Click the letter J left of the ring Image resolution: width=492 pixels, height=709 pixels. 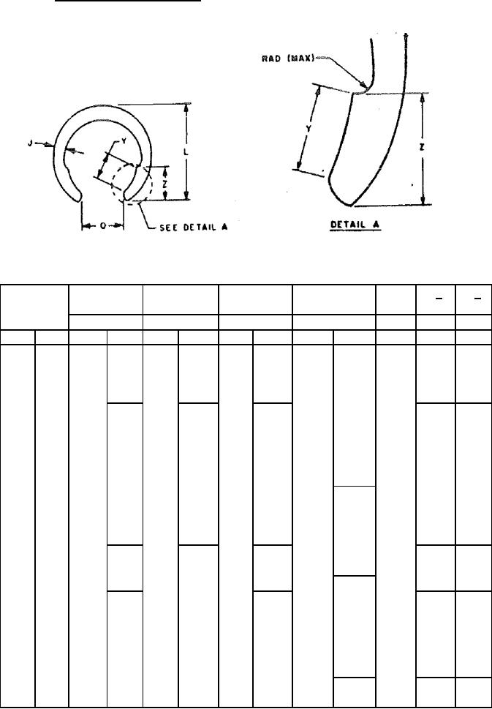(30, 144)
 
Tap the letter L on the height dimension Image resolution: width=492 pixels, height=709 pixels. (186, 153)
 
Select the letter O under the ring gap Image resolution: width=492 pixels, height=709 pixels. (102, 226)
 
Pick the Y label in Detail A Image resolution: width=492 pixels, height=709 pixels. (308, 129)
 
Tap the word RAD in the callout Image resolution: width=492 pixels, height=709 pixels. (271, 59)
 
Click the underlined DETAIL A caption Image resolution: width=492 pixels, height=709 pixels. (356, 225)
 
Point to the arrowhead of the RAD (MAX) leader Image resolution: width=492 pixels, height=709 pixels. (363, 84)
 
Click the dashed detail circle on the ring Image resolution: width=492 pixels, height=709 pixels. (133, 184)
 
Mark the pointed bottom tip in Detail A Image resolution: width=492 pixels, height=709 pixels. (351, 205)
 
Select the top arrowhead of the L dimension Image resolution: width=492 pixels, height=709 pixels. (186, 108)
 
